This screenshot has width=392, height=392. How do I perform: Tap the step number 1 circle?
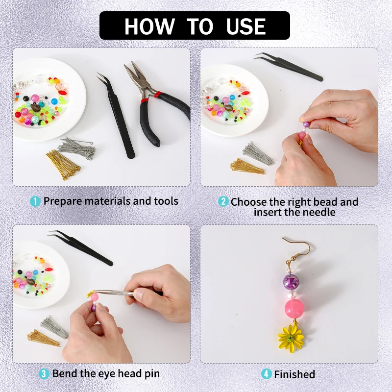[x=35, y=201]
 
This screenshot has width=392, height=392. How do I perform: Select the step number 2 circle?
[x=223, y=201]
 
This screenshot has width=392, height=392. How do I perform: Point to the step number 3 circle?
[x=44, y=374]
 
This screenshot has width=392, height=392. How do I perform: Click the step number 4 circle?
[x=266, y=374]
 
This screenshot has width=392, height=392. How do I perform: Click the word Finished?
[x=294, y=374]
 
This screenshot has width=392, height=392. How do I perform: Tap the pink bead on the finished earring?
[x=294, y=308]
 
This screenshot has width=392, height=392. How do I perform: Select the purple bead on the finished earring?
[x=292, y=281]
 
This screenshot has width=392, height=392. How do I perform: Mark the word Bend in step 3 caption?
[x=65, y=374]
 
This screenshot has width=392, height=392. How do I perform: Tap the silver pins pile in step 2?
[x=258, y=153]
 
